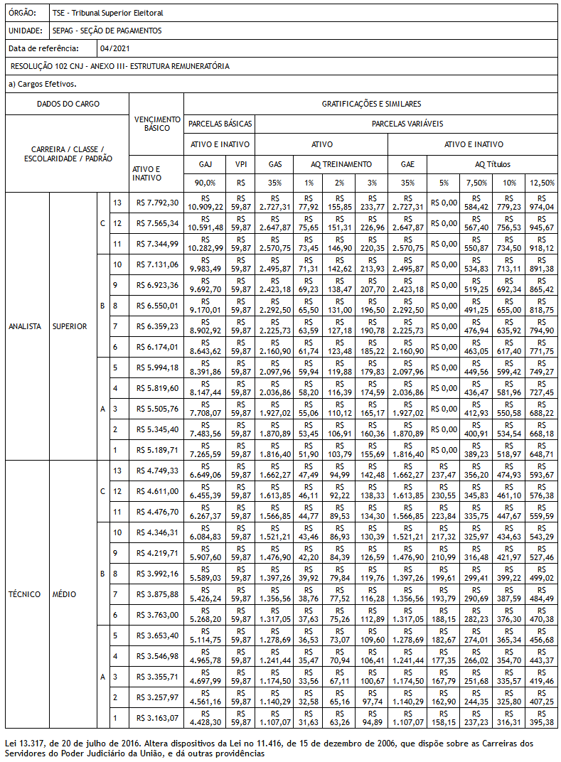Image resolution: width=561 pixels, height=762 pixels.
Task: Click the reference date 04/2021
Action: (115, 48)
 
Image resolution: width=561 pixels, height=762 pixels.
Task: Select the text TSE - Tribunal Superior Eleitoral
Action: (107, 14)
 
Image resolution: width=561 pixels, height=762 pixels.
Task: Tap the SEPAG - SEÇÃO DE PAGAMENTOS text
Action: (107, 31)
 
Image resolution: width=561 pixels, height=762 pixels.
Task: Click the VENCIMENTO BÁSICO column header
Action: (157, 124)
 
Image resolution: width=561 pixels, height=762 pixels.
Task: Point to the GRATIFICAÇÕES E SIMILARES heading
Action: (371, 104)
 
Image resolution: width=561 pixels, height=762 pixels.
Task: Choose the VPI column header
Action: (240, 164)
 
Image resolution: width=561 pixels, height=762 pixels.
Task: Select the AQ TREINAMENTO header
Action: (341, 164)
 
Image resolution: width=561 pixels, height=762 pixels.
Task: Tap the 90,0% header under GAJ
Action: (205, 183)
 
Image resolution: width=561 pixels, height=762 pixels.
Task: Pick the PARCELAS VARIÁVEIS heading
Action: (407, 124)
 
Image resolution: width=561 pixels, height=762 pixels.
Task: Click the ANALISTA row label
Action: (25, 326)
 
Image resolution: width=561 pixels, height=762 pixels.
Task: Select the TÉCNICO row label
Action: (25, 594)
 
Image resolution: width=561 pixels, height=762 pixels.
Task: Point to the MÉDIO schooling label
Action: (65, 594)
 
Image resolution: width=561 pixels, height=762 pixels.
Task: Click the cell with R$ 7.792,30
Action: (158, 203)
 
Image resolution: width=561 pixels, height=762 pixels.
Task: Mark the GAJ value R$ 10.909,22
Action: (205, 203)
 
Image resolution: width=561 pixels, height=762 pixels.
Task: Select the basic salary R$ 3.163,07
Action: (158, 718)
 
